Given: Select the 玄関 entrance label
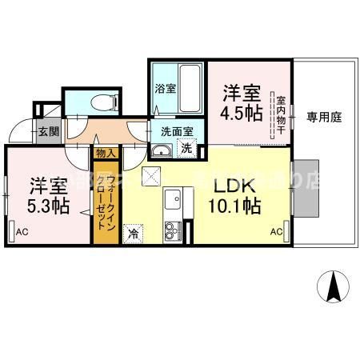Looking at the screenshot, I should click(44, 131).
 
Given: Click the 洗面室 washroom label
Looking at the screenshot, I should click(176, 131).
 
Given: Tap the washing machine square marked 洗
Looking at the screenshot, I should click(186, 148).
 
